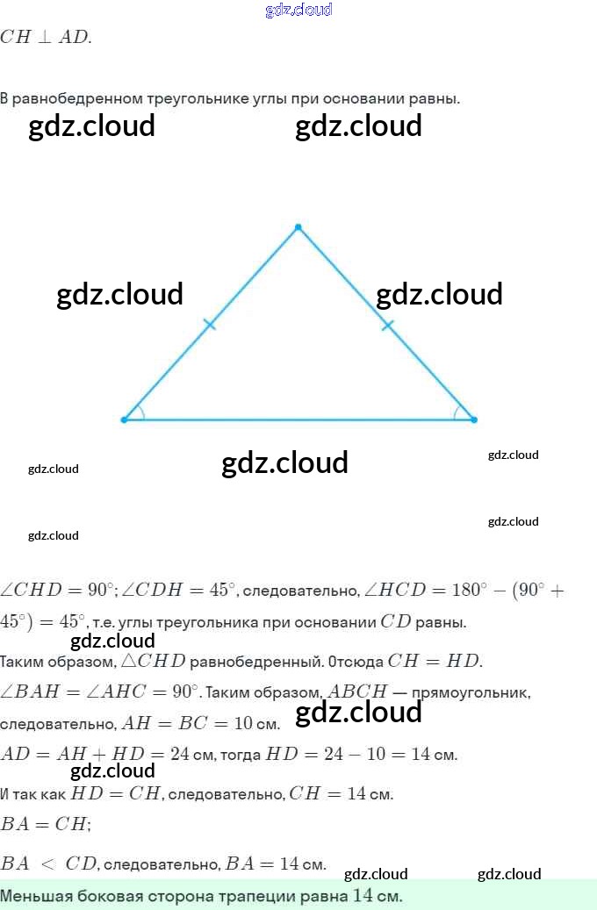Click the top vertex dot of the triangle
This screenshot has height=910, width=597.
pyautogui.click(x=298, y=227)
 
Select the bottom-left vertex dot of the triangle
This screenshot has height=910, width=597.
pyautogui.click(x=124, y=419)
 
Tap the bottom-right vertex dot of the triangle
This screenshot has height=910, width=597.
pyautogui.click(x=474, y=419)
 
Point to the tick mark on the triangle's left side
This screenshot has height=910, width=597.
pyautogui.click(x=209, y=326)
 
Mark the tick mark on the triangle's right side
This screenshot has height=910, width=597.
pyautogui.click(x=388, y=326)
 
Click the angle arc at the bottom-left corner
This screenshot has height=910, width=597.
pyautogui.click(x=141, y=412)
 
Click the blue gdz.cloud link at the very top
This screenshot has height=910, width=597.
pyautogui.click(x=298, y=10)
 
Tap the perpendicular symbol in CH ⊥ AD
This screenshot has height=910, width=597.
pyautogui.click(x=43, y=38)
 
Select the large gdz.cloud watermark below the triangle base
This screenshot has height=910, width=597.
pyautogui.click(x=284, y=462)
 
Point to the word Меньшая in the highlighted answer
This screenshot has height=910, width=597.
pyautogui.click(x=32, y=897)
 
